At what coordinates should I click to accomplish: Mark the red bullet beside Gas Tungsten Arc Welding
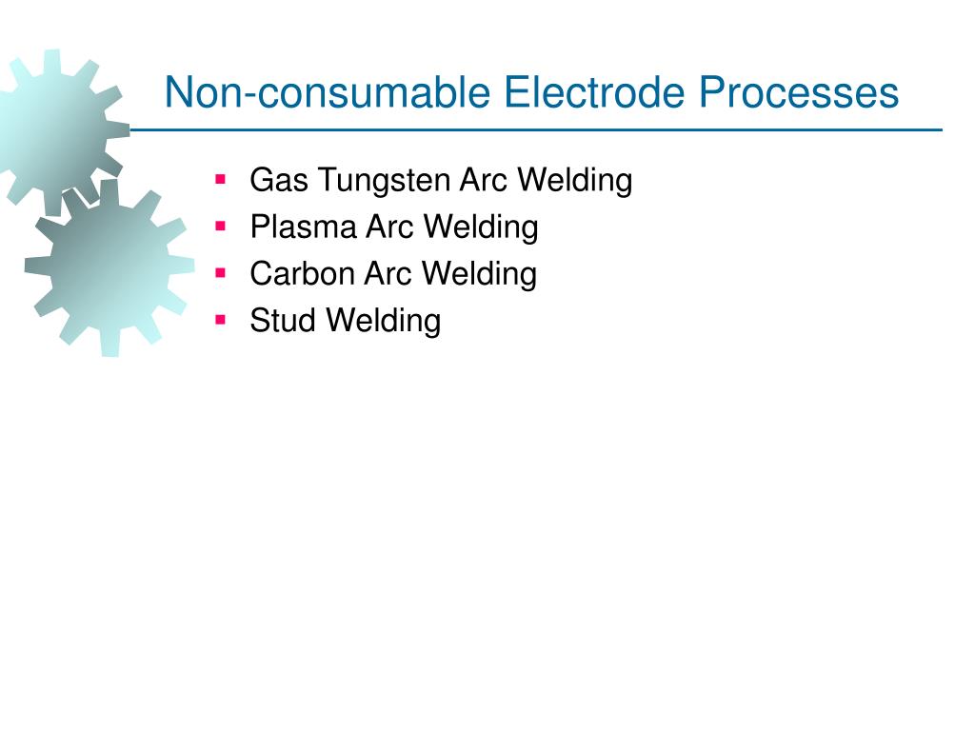click(x=221, y=178)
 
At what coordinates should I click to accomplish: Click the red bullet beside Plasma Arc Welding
click(x=221, y=226)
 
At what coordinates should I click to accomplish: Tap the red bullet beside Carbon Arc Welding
click(x=221, y=272)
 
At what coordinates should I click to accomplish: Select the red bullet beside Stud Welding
click(x=221, y=320)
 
